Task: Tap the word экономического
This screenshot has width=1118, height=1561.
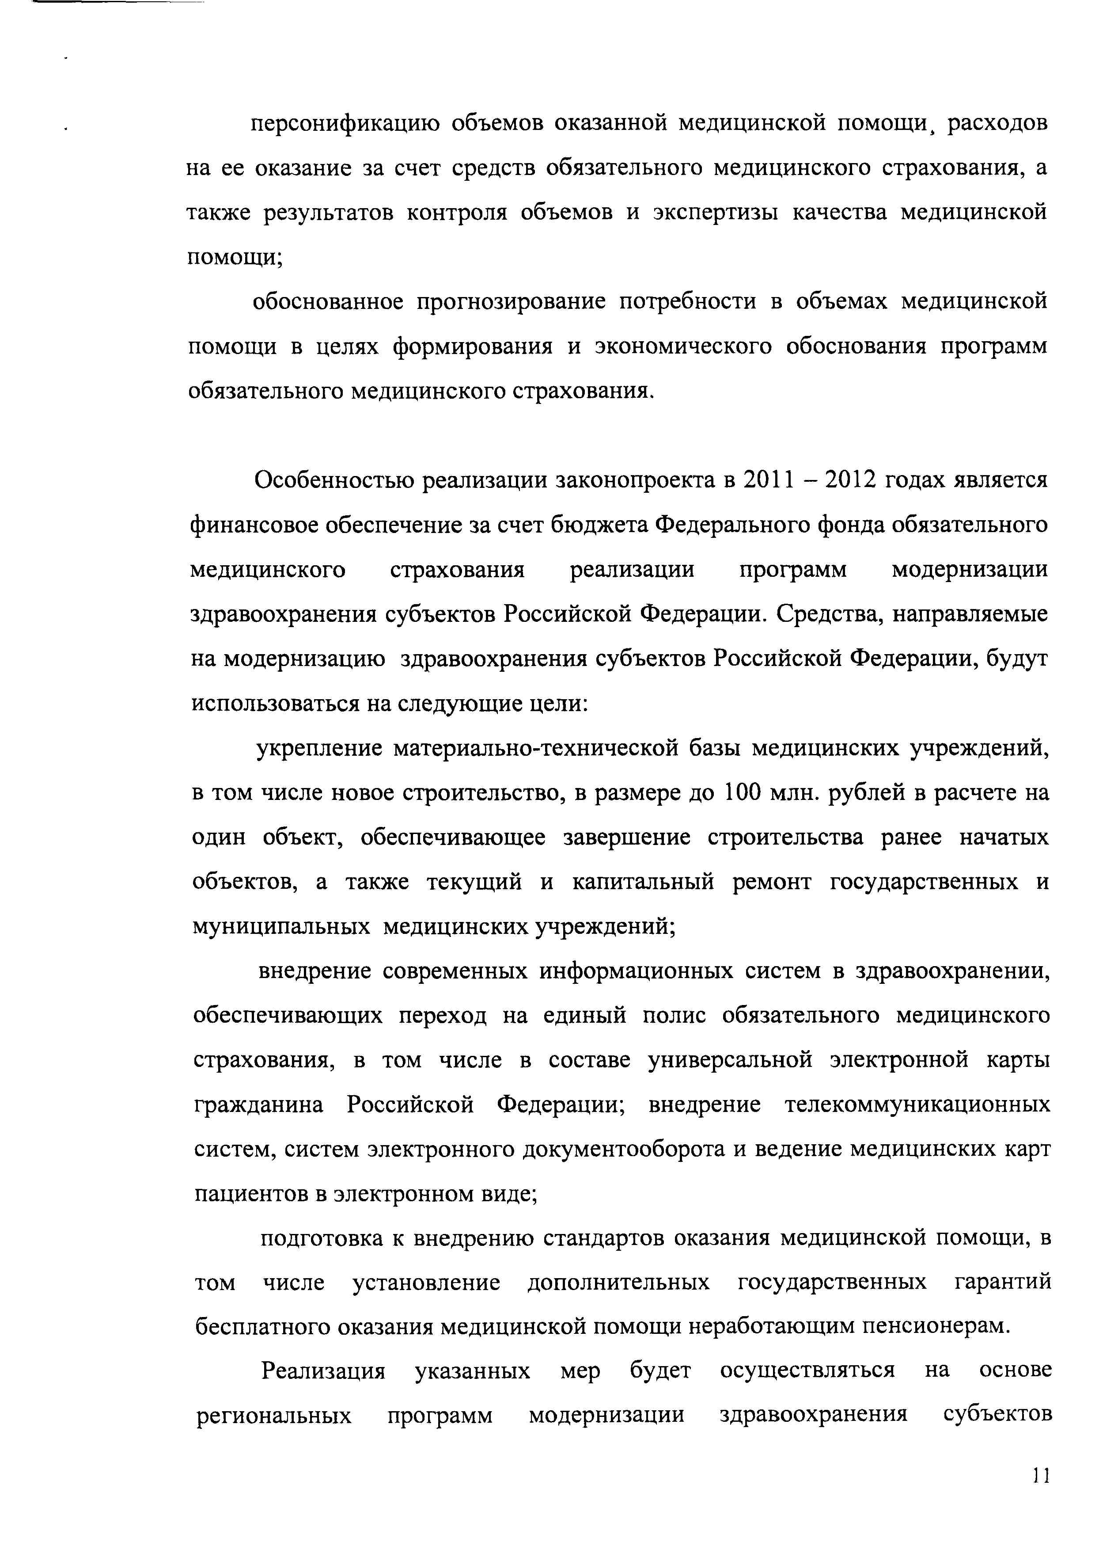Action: click(x=683, y=346)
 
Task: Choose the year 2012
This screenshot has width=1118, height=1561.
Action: click(x=850, y=480)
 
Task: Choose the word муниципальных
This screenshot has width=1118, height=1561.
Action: click(x=280, y=926)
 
